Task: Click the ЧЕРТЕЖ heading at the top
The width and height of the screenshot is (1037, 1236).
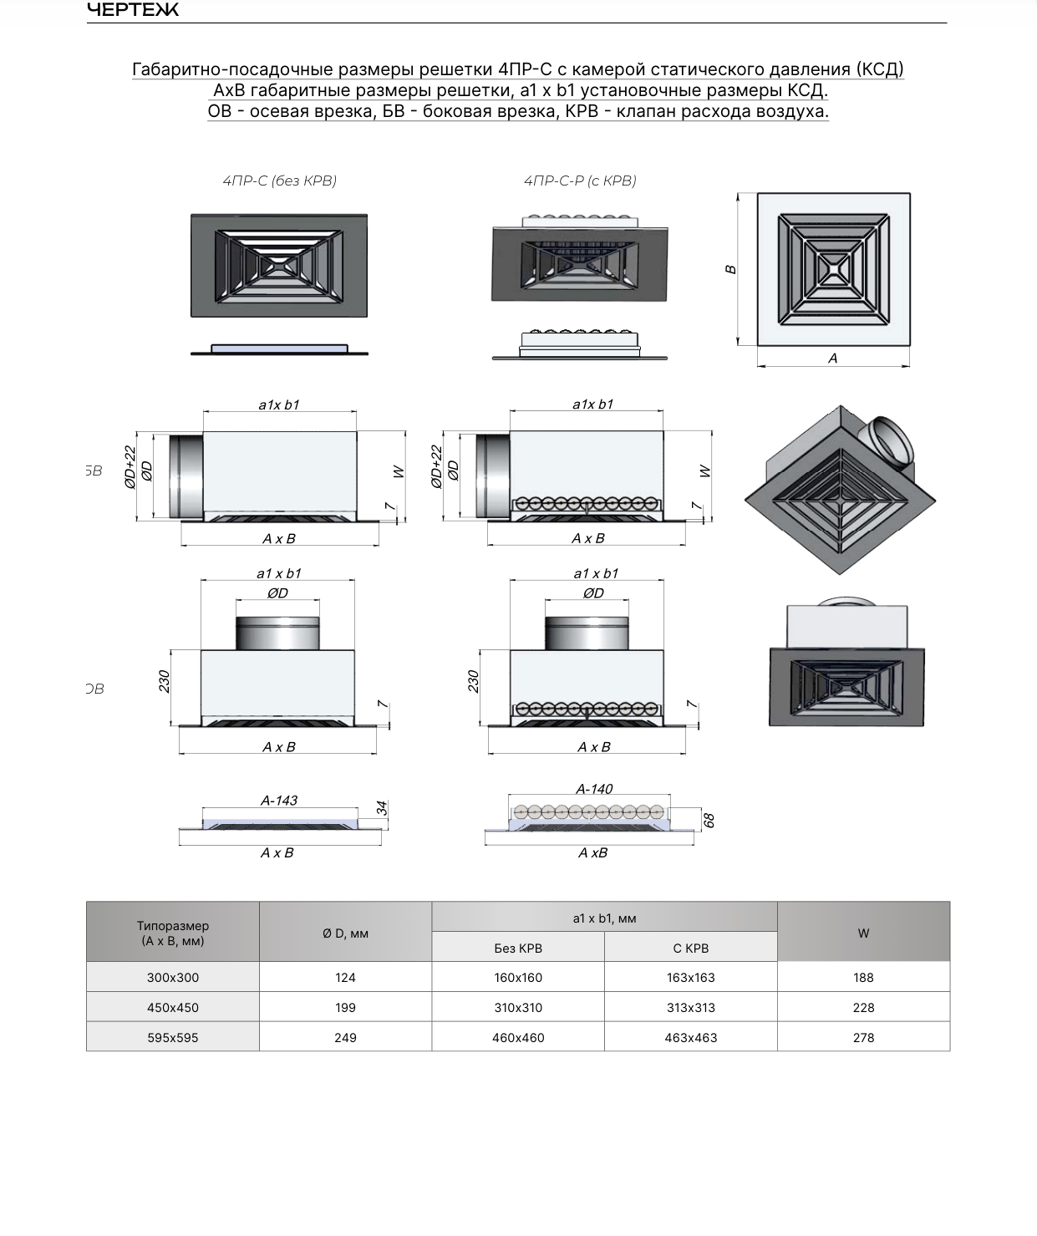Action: tap(133, 9)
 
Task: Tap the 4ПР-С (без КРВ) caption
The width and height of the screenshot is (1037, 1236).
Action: tap(279, 181)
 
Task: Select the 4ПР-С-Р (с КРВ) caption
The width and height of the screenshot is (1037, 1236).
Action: tap(580, 181)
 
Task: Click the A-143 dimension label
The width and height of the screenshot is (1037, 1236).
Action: tap(279, 801)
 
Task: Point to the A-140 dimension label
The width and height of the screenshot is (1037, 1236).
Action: tap(594, 789)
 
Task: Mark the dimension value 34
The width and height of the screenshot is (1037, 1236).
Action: tap(382, 807)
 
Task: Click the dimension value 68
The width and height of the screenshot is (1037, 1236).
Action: tap(709, 820)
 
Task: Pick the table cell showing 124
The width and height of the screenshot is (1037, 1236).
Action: tap(345, 977)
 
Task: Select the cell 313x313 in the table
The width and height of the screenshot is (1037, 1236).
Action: tap(691, 1008)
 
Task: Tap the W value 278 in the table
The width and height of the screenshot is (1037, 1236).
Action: tap(863, 1038)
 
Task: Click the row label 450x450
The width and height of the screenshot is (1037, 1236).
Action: tap(173, 1008)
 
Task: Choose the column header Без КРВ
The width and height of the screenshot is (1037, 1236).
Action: tap(518, 949)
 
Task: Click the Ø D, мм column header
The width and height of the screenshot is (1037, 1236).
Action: tap(345, 933)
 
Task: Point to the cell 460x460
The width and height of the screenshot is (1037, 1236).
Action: tap(518, 1038)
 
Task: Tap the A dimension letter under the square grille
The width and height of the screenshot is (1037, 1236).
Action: tap(833, 359)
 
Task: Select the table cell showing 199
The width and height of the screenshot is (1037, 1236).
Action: tap(345, 1008)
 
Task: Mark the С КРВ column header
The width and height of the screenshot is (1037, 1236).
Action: tap(691, 949)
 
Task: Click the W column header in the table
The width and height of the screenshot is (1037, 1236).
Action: tap(863, 933)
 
